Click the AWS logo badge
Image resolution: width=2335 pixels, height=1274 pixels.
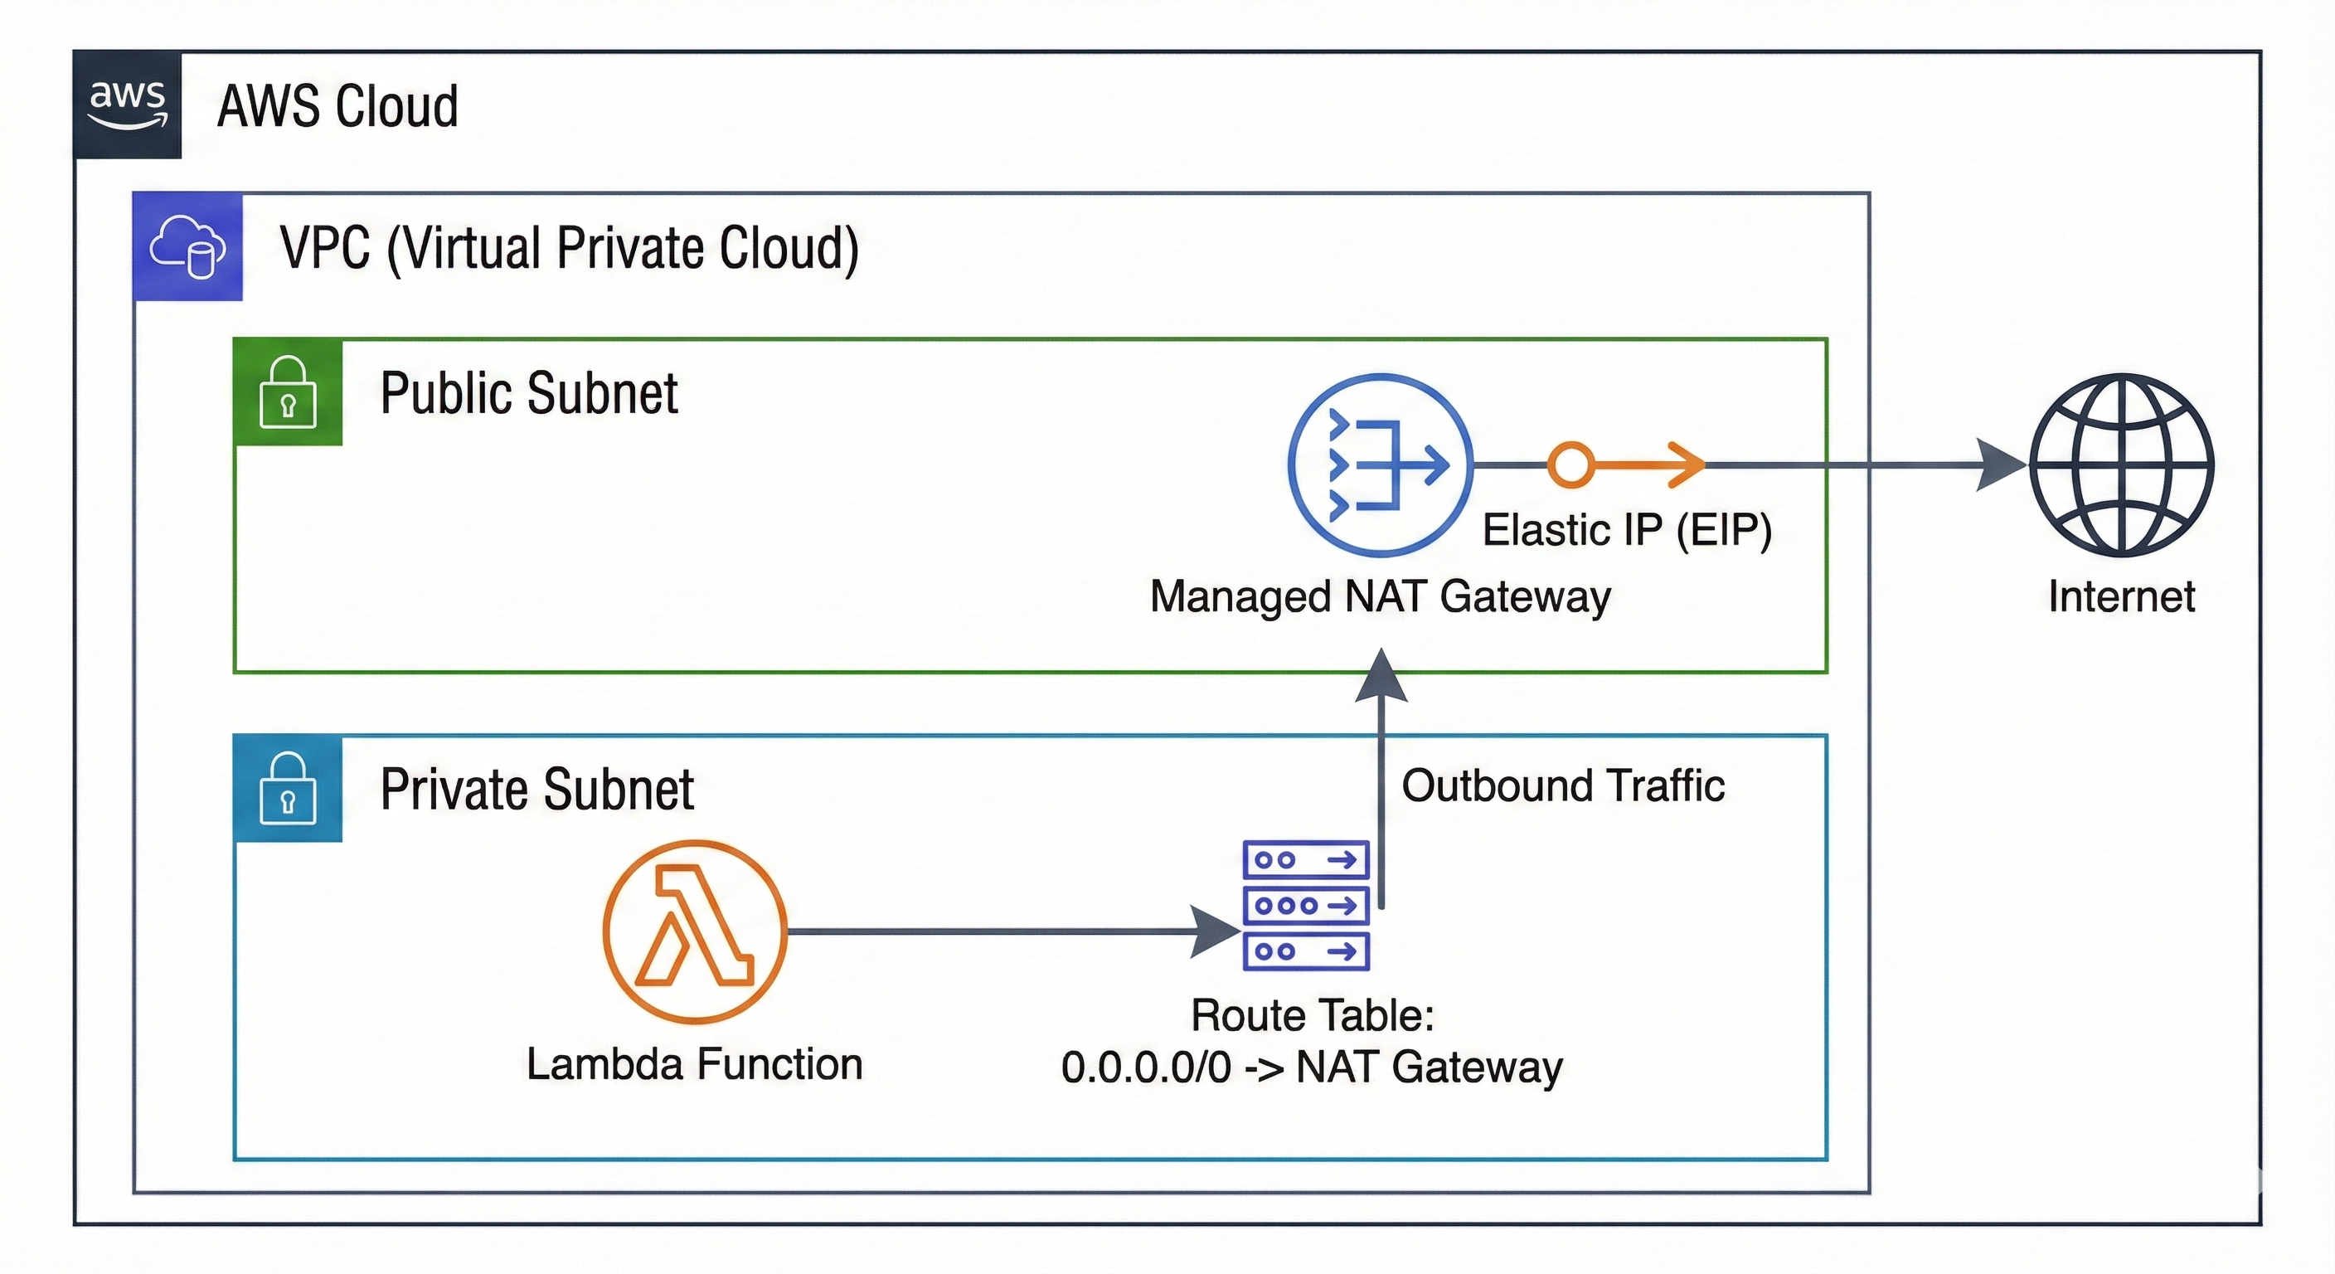127,105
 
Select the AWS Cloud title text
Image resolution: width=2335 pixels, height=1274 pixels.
337,106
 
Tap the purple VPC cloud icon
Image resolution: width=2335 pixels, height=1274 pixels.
187,246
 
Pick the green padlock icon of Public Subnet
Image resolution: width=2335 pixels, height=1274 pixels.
288,392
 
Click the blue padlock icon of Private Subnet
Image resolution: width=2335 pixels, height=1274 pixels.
288,789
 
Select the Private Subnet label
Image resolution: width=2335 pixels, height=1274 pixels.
536,789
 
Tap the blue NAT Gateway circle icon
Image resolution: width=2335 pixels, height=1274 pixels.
1380,465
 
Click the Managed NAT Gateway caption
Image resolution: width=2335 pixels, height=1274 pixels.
1380,596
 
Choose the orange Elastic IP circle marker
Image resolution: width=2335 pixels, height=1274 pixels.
1570,464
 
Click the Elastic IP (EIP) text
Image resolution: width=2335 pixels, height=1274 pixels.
1627,529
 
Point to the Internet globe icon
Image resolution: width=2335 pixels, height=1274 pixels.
2121,465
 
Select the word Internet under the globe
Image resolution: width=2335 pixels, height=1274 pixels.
2121,596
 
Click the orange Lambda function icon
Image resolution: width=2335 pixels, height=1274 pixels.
695,931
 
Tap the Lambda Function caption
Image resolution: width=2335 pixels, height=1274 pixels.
694,1063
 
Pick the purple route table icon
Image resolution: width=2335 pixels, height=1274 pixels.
1305,905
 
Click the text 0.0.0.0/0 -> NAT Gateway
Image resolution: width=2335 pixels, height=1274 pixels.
1312,1067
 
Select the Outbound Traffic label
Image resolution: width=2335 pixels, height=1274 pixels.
1563,785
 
